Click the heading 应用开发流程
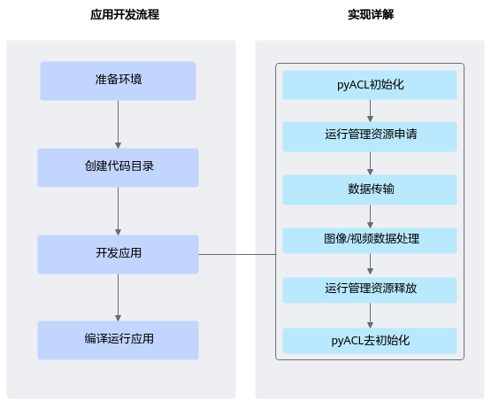tap(125, 14)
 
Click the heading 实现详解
tap(371, 14)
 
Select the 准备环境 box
tap(118, 81)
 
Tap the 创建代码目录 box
tap(118, 167)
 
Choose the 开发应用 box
tap(118, 254)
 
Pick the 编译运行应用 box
tap(118, 340)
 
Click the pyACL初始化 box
tap(370, 85)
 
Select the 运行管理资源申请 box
tap(370, 137)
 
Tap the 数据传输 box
tap(370, 189)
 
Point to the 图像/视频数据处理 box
tap(370, 241)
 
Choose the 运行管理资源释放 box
tap(370, 290)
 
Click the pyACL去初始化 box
tap(370, 341)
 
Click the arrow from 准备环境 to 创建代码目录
tap(118, 125)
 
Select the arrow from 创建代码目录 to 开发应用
tap(118, 212)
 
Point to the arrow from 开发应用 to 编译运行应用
tap(118, 297)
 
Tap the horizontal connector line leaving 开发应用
tap(237, 254)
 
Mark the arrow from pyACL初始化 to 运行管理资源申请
tap(370, 111)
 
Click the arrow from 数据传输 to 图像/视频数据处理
tap(370, 217)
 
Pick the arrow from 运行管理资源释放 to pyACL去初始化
tap(370, 315)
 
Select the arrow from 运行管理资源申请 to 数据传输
tap(370, 164)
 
